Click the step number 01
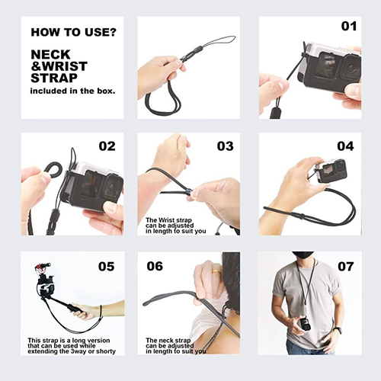tap(349, 26)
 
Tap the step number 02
tap(107, 146)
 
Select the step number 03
tap(225, 146)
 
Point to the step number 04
tap(345, 146)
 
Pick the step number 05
tap(106, 267)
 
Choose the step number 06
tap(155, 266)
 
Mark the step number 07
tap(346, 267)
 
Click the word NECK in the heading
tap(50, 55)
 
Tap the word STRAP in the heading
tap(54, 78)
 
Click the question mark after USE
tap(113, 32)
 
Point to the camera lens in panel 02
tap(111, 187)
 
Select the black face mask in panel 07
tap(303, 255)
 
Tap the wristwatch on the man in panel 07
tap(337, 330)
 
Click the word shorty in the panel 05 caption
tap(106, 351)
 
